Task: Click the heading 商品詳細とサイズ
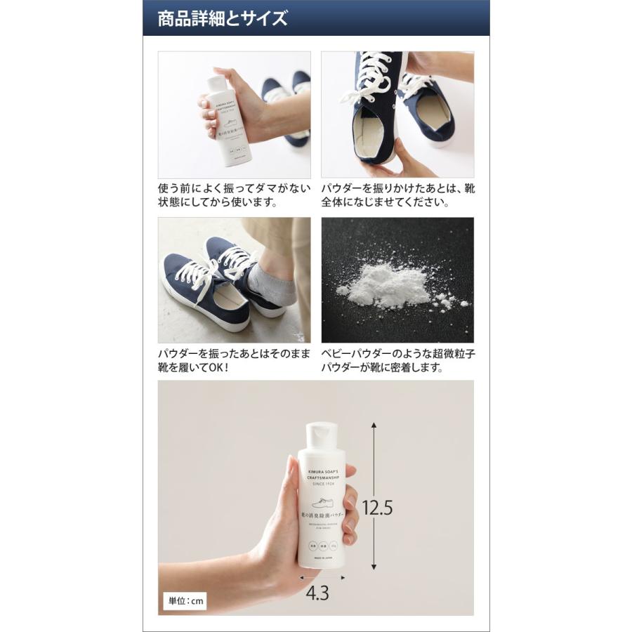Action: pyautogui.click(x=223, y=18)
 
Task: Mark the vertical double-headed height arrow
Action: pyautogui.click(x=374, y=496)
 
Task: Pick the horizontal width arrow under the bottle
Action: pyautogui.click(x=323, y=577)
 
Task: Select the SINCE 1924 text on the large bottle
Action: pyautogui.click(x=324, y=483)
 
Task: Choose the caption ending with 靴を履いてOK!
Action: pyautogui.click(x=233, y=361)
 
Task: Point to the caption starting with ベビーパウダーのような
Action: pyautogui.click(x=397, y=361)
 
